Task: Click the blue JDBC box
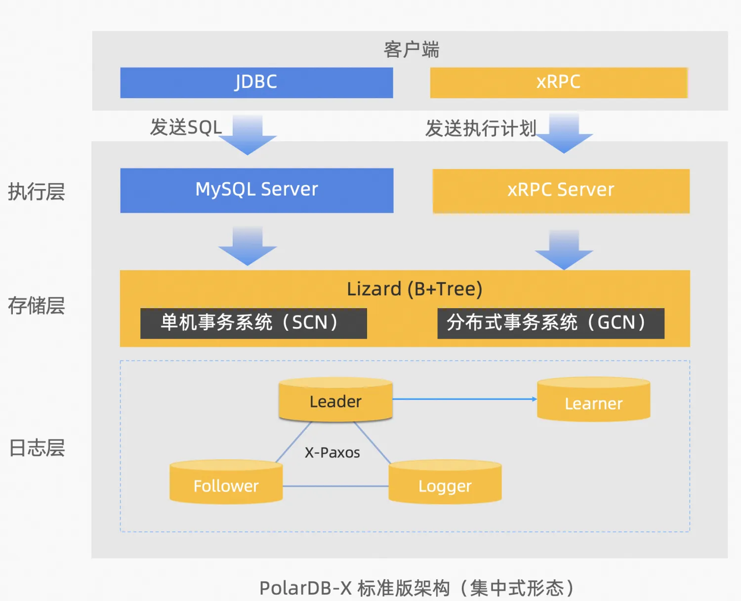(256, 82)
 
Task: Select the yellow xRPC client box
(559, 82)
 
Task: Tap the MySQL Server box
(256, 190)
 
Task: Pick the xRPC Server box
(561, 190)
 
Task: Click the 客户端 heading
(411, 50)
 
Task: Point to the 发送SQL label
(186, 127)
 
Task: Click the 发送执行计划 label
(481, 128)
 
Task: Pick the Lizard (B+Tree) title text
(414, 289)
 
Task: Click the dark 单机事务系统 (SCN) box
(253, 323)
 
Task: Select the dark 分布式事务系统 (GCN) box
(551, 323)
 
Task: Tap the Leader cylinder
(336, 401)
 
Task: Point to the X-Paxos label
(332, 453)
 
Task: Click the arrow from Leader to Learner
(463, 399)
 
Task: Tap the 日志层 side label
(37, 448)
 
